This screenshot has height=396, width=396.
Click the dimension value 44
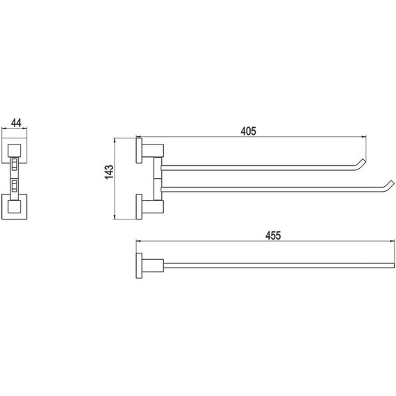pyautogui.click(x=16, y=123)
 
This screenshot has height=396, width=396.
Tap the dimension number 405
pyautogui.click(x=248, y=131)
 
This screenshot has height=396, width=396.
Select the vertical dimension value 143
pyautogui.click(x=109, y=172)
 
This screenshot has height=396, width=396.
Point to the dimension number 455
pyautogui.click(x=273, y=236)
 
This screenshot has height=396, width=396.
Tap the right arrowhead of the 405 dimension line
pyautogui.click(x=364, y=137)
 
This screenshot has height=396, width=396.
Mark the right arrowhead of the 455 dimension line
pyautogui.click(x=393, y=241)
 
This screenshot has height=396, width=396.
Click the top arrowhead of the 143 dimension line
pyautogui.click(x=115, y=140)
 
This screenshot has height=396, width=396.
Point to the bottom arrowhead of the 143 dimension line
pyautogui.click(x=115, y=217)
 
